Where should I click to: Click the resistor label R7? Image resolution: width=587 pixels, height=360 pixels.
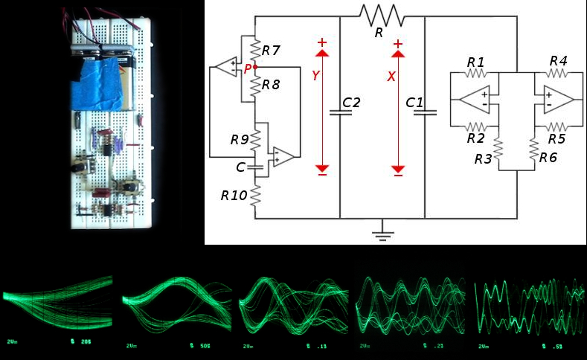tap(271, 51)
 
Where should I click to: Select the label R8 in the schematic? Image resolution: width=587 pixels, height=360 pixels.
tap(271, 85)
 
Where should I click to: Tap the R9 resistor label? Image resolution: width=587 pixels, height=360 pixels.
tap(240, 139)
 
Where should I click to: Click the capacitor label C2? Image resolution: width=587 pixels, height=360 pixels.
tap(351, 102)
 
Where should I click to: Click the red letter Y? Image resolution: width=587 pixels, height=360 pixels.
tap(315, 77)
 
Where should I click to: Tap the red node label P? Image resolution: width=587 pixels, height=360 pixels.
tap(248, 69)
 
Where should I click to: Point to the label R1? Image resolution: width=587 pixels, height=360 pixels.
tap(475, 61)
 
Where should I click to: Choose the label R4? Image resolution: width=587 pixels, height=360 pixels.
tap(558, 61)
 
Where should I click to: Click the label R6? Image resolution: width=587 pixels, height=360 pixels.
tap(548, 158)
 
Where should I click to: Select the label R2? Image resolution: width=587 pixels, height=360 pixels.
tap(475, 138)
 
